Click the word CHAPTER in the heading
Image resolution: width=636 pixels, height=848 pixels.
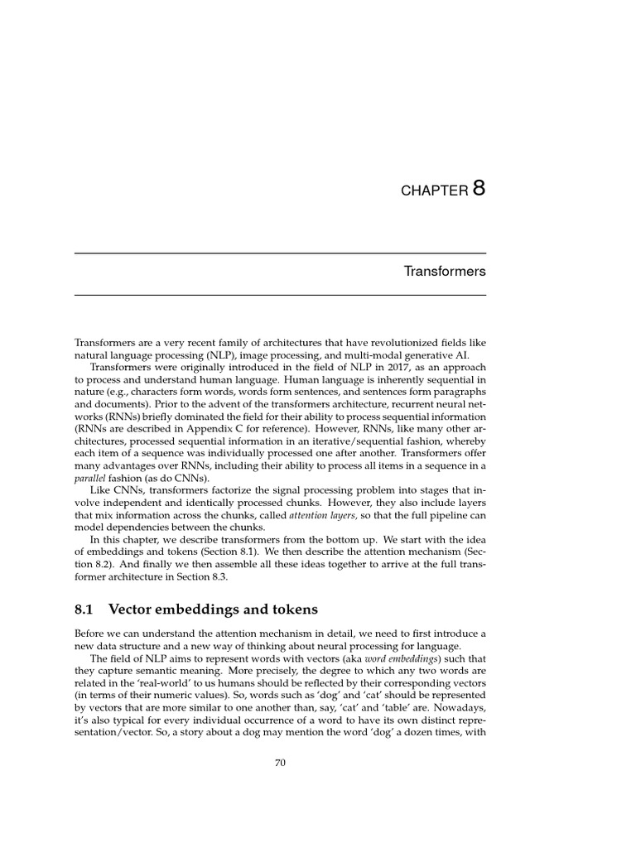pyautogui.click(x=435, y=191)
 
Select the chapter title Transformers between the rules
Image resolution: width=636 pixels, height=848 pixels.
pyautogui.click(x=445, y=272)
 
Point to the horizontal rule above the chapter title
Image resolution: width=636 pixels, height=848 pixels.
pyautogui.click(x=280, y=253)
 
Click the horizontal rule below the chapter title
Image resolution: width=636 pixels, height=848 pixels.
pyautogui.click(x=280, y=295)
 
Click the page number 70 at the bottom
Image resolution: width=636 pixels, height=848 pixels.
pyautogui.click(x=280, y=764)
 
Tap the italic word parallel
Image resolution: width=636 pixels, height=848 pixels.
pyautogui.click(x=89, y=478)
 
